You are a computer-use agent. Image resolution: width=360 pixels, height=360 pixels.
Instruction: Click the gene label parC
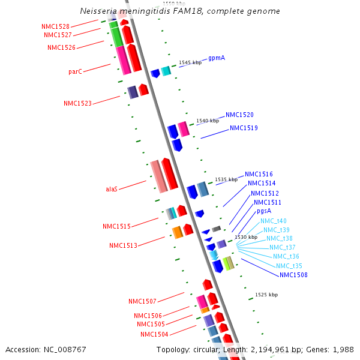pos(75,71)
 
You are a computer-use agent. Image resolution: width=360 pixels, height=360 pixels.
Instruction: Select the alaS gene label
pos(112,189)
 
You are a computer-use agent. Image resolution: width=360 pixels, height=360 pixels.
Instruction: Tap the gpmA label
pos(217,59)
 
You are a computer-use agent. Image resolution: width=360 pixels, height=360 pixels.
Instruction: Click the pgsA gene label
pos(264,211)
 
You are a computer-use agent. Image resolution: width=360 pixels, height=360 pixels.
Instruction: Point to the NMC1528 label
pos(55,27)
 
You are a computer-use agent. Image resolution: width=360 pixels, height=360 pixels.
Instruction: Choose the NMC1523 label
pos(77,103)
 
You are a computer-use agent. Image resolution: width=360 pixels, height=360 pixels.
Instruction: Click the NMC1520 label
pos(239,115)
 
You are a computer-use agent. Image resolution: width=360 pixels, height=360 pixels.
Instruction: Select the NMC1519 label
pos(244,128)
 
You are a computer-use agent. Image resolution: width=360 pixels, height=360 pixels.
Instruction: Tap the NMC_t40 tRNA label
pos(274,221)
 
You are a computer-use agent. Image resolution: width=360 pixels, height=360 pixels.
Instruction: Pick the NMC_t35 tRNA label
pos(289,266)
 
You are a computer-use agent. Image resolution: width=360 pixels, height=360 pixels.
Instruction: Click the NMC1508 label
pos(293,275)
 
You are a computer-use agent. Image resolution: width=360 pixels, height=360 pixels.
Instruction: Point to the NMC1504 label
pos(154,334)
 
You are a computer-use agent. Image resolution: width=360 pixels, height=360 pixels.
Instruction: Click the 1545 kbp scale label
pos(190,62)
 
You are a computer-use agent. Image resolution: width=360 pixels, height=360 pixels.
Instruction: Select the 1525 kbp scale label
pos(266,295)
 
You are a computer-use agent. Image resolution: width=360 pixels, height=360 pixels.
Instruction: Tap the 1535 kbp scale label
pos(226,179)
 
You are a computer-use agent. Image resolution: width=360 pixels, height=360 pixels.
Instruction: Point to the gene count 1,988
pos(343,349)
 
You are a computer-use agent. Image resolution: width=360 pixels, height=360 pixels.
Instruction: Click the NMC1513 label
pos(123,245)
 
